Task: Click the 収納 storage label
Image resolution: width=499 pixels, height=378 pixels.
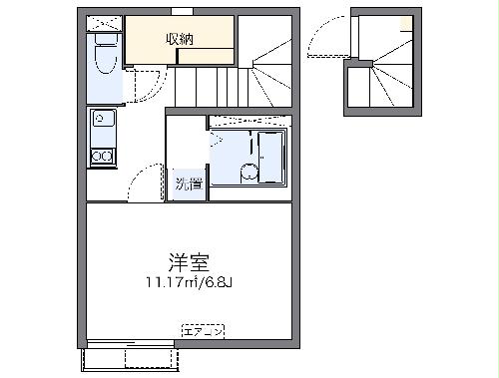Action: coord(180,39)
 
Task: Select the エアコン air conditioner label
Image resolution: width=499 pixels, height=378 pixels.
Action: coord(205,329)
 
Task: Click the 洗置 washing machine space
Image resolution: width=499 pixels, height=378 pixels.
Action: coord(187,185)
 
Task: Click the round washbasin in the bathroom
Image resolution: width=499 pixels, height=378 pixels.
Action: coord(247,173)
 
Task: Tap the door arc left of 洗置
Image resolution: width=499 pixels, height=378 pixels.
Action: coord(147,185)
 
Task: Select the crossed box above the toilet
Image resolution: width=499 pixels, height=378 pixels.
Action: coord(103,23)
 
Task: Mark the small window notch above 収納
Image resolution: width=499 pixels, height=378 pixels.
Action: coord(182,11)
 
